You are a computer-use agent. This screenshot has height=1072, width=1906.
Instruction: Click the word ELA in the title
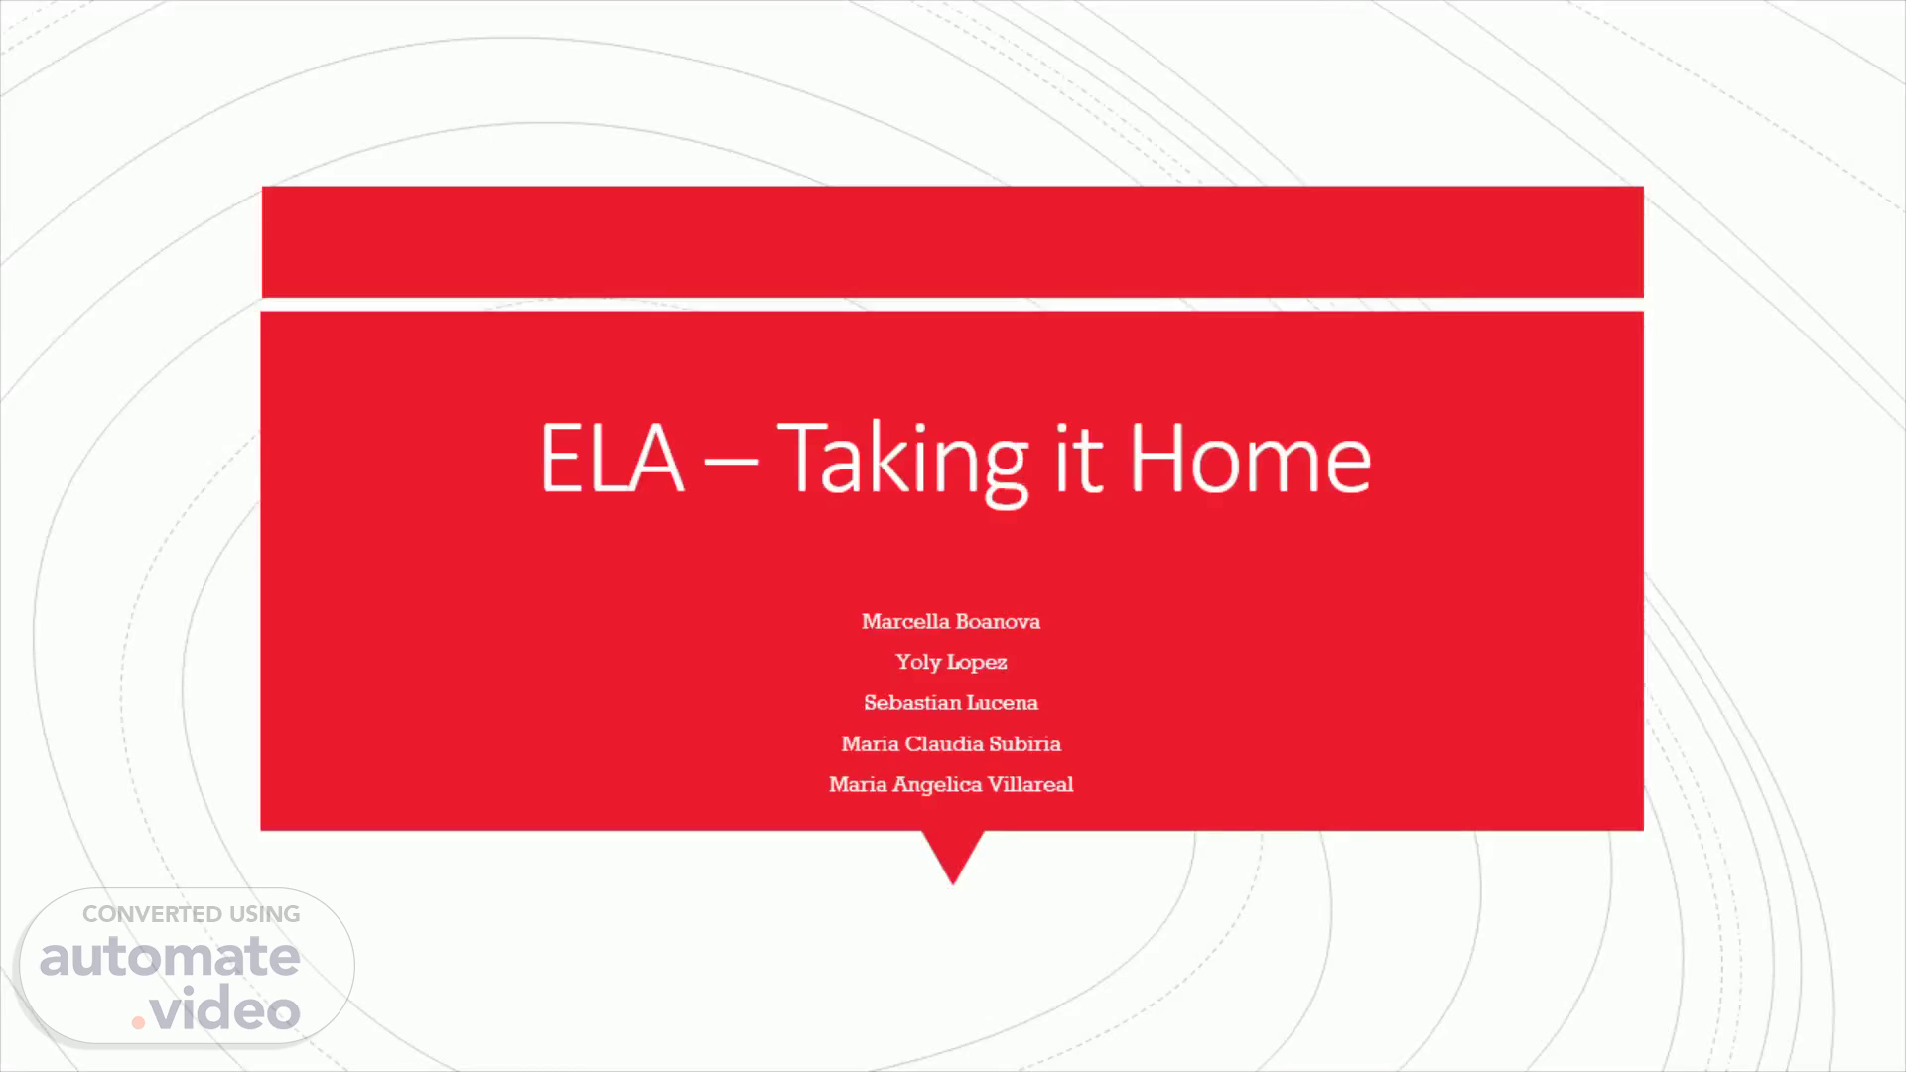click(612, 458)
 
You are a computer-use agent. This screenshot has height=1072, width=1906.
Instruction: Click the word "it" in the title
click(1078, 458)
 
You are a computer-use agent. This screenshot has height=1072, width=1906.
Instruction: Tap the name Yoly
click(918, 662)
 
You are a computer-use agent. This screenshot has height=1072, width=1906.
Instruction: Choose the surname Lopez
click(978, 663)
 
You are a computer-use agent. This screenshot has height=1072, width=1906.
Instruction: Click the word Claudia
click(943, 743)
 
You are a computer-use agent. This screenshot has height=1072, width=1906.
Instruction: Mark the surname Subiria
click(1024, 743)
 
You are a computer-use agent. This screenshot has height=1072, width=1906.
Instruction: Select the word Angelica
click(937, 785)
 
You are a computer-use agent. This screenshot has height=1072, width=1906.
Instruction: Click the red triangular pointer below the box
click(953, 852)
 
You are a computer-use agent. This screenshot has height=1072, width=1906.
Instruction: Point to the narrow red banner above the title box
click(953, 241)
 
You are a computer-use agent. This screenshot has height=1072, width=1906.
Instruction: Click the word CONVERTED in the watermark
click(152, 914)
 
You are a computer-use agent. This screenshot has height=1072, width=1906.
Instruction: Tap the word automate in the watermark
click(170, 957)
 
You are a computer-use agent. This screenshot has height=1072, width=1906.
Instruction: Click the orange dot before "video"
click(139, 1021)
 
